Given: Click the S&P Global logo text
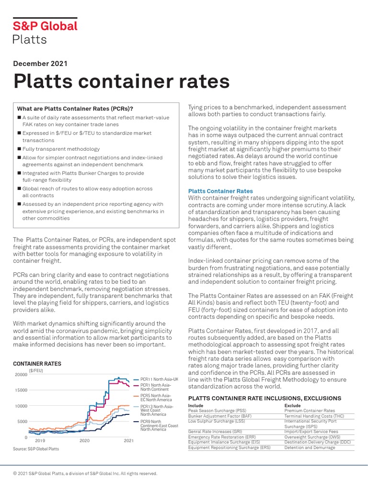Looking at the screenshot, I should click(x=45, y=26).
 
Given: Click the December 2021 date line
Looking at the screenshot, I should click(x=41, y=63).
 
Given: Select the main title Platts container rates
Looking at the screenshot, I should click(x=122, y=81).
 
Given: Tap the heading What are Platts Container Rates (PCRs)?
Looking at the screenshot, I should click(x=75, y=108).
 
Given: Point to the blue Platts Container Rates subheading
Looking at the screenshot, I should click(x=220, y=191).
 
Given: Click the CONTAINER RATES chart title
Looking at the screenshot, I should click(x=37, y=364).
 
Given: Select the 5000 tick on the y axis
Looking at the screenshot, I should click(x=22, y=422).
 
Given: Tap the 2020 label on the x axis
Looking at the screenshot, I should click(x=84, y=440).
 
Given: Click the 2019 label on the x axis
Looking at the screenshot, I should click(x=40, y=440).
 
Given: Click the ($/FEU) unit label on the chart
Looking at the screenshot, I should click(x=36, y=370).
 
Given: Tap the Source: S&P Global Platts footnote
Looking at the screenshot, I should click(x=36, y=449).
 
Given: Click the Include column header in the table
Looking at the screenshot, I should click(x=196, y=405).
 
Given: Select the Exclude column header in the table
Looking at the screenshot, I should click(x=293, y=405).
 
